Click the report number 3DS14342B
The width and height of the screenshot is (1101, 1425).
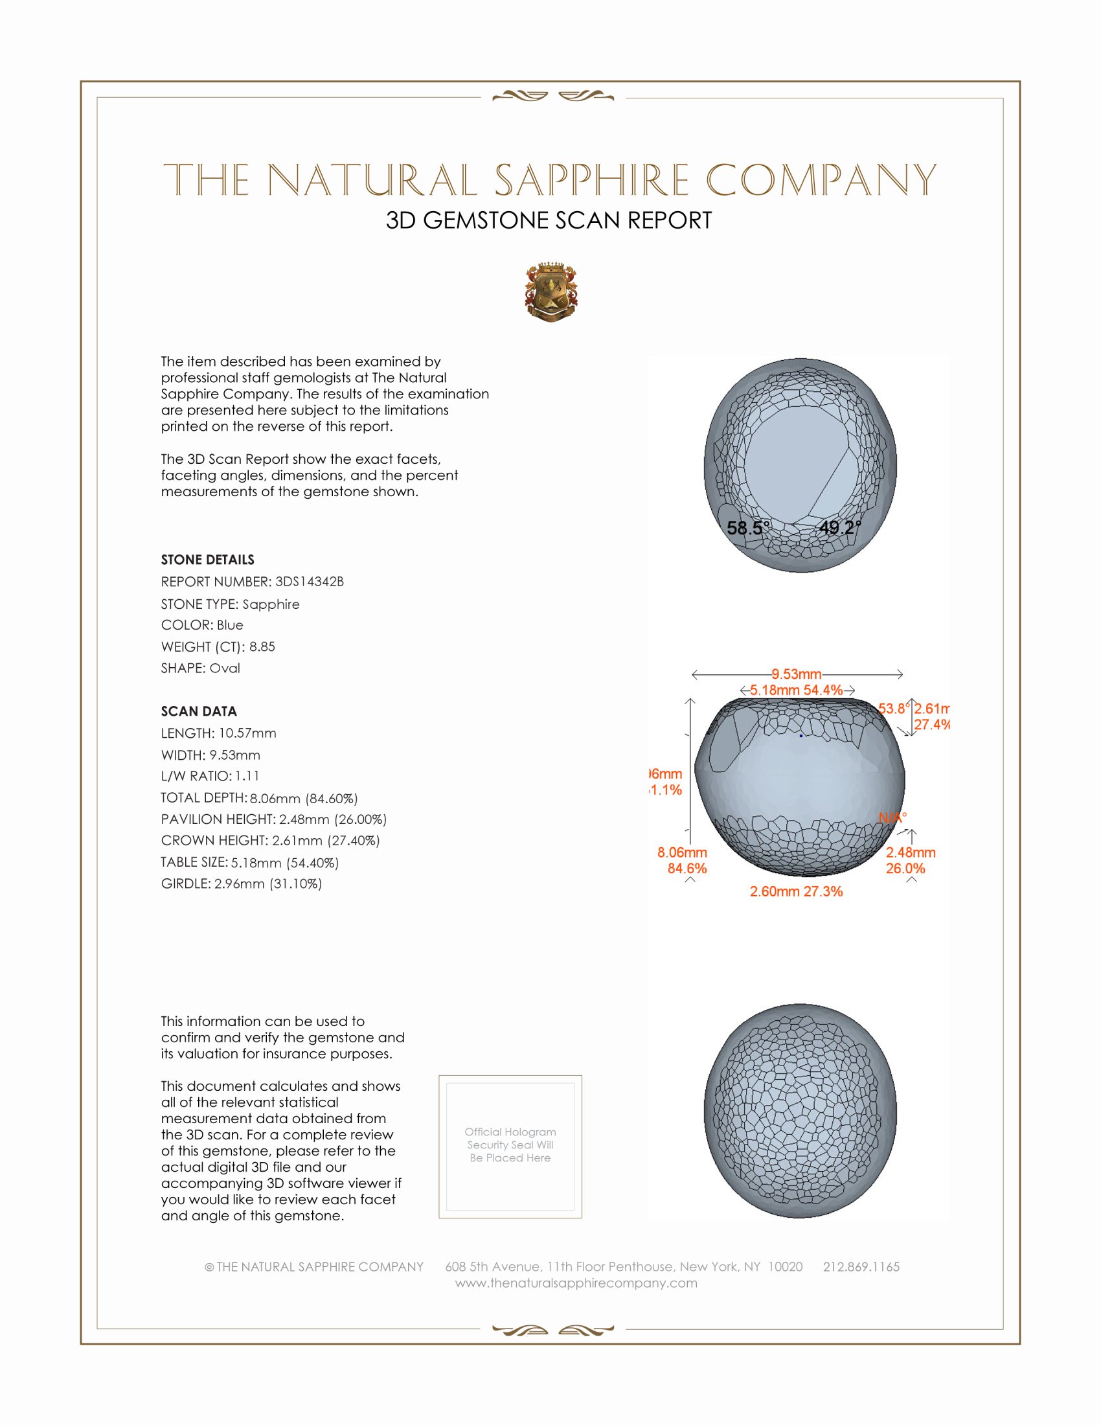tap(309, 582)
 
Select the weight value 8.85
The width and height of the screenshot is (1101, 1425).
tap(262, 646)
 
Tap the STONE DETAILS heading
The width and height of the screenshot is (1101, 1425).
tap(207, 560)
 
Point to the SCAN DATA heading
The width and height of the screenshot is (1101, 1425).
tap(199, 711)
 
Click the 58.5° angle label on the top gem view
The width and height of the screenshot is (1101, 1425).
tap(748, 528)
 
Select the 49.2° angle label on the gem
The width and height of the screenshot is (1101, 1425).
tap(840, 527)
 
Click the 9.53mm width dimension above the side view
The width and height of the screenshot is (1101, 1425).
tap(797, 674)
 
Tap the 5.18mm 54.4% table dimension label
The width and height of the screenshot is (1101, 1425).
tap(797, 690)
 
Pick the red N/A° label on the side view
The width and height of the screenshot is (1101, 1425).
tap(892, 817)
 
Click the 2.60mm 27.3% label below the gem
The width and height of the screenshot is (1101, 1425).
tap(796, 891)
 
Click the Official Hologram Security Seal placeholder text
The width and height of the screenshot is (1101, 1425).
tap(510, 1145)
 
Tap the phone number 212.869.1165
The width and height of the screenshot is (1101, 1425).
tap(861, 1266)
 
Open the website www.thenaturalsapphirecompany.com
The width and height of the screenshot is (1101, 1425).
tap(576, 1282)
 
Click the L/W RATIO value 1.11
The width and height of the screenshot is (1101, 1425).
tap(247, 776)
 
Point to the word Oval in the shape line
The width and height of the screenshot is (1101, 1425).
tap(224, 668)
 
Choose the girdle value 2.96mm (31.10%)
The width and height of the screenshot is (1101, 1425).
tap(268, 883)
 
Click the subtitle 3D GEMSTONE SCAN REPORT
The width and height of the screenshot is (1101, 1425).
tap(549, 220)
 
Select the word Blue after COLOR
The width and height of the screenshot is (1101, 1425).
tap(230, 625)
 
